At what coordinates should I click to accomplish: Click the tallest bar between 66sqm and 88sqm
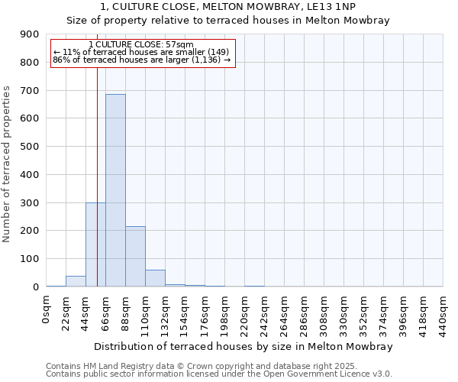[x=115, y=190]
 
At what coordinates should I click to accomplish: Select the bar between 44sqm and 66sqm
[x=95, y=244]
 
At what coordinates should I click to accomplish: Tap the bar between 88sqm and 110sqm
[x=135, y=257]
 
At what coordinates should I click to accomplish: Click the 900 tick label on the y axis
[x=30, y=34]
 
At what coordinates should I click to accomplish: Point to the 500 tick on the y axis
[x=30, y=147]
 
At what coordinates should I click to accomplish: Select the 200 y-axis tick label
[x=30, y=231]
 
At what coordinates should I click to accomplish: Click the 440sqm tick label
[x=443, y=316]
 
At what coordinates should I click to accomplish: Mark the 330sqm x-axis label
[x=344, y=316]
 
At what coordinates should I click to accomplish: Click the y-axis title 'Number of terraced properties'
[x=8, y=163]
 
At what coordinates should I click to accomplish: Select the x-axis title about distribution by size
[x=244, y=346]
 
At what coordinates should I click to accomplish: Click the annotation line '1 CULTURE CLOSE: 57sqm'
[x=141, y=44]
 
